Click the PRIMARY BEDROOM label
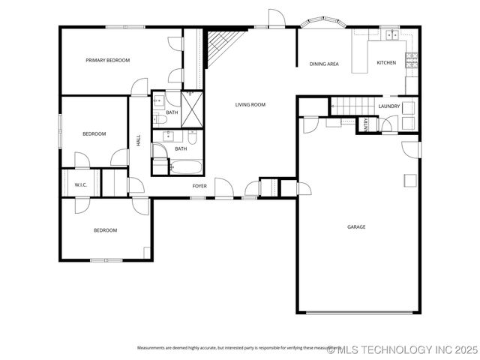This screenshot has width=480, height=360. [107, 60]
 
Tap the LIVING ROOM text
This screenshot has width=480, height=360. [250, 105]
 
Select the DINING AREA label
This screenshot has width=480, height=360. [324, 64]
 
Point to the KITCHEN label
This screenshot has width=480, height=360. [386, 63]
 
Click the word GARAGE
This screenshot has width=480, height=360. [356, 226]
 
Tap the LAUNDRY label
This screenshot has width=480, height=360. [388, 106]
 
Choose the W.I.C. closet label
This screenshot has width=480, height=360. [81, 184]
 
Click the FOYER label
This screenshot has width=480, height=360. [199, 186]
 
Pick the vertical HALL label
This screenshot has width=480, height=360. [139, 139]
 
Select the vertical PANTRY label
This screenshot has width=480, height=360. [365, 125]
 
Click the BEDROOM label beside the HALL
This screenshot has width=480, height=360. [94, 133]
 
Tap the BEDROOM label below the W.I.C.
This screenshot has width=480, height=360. [105, 230]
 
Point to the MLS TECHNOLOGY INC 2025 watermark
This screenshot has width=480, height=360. [402, 349]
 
